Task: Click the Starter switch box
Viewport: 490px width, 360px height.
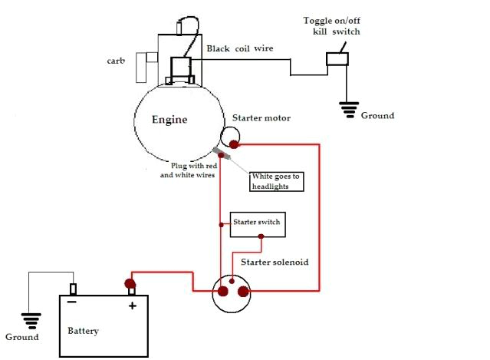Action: click(x=257, y=223)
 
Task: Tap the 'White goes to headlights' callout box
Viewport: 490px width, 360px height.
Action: click(x=277, y=181)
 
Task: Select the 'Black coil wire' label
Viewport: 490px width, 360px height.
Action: click(x=239, y=48)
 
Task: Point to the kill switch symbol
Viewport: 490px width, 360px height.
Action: click(x=337, y=58)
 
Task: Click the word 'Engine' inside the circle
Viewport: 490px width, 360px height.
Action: click(x=169, y=120)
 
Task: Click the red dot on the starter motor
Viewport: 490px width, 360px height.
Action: click(x=234, y=144)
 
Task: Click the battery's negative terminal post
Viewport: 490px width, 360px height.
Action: click(x=73, y=289)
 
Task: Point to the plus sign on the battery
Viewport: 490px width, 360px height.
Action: click(x=132, y=306)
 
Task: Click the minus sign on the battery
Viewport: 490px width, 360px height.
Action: click(x=71, y=303)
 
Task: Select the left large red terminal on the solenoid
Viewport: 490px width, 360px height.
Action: click(x=223, y=292)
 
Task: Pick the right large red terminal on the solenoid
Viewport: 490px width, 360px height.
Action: click(x=243, y=292)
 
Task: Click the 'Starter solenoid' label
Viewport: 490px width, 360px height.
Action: click(x=275, y=262)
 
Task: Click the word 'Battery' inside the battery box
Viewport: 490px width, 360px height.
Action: click(x=84, y=331)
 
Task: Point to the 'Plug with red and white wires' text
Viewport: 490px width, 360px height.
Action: click(x=188, y=170)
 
